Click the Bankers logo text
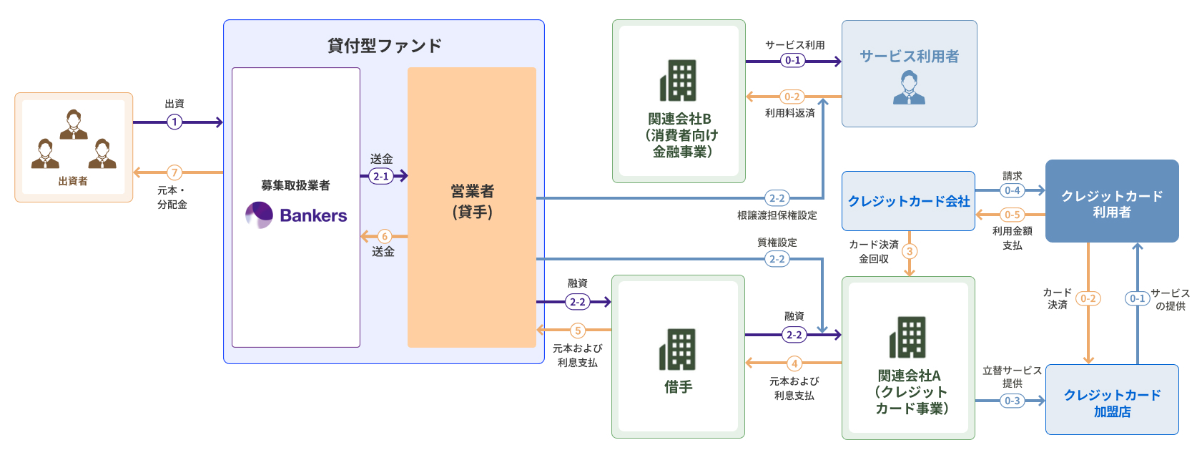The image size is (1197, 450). click(312, 215)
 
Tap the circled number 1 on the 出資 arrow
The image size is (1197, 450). click(174, 122)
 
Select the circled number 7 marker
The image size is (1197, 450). click(174, 172)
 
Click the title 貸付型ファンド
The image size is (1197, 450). click(384, 46)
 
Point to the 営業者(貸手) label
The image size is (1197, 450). click(472, 201)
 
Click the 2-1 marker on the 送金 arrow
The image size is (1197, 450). click(380, 175)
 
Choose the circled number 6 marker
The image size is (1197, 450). click(385, 236)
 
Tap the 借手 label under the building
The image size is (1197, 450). click(678, 387)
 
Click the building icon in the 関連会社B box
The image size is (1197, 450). click(678, 80)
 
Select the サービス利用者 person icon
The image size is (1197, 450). click(909, 88)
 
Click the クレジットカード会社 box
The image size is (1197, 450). click(908, 201)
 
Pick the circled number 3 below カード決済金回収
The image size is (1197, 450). click(910, 251)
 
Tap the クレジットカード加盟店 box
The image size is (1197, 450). click(1112, 403)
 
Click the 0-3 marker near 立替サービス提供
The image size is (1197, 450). click(1012, 401)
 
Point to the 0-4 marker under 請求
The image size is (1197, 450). click(1012, 190)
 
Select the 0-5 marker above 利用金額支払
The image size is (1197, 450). click(1012, 215)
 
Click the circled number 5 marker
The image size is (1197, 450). click(578, 331)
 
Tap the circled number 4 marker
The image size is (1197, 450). click(794, 363)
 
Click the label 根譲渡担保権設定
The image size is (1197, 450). click(777, 215)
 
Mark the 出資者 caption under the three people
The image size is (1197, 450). click(73, 181)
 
